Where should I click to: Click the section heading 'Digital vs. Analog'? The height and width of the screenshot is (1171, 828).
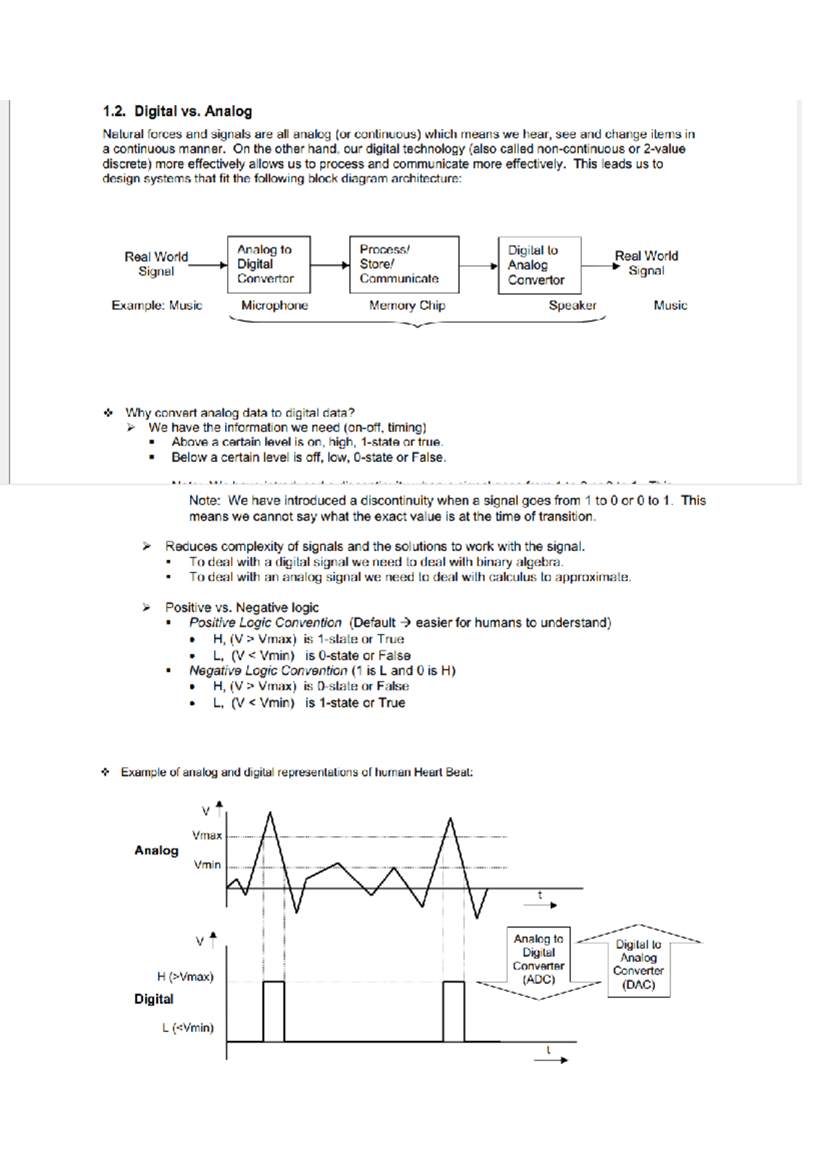click(193, 111)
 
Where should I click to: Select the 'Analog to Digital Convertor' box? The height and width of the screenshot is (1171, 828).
click(268, 264)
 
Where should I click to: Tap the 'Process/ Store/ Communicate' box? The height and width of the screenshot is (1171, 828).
click(403, 264)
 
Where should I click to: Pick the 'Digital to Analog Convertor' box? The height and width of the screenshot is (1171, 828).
click(539, 265)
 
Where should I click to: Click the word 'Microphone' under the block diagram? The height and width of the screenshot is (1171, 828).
click(275, 305)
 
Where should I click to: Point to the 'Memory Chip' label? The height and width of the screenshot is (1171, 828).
click(407, 305)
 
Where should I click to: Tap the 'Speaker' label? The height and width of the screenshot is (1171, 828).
click(572, 305)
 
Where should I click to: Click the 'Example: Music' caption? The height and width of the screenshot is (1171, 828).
click(157, 305)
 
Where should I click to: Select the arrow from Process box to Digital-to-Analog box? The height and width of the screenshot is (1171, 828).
click(478, 266)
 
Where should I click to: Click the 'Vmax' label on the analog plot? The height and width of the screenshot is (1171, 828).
click(207, 835)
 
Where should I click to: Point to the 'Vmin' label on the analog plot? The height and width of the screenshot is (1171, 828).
click(207, 864)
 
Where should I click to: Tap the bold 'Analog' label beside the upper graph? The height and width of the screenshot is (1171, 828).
click(157, 851)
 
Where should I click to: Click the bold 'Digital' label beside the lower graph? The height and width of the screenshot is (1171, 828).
click(154, 999)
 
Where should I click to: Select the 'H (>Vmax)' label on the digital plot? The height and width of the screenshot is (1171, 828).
click(185, 976)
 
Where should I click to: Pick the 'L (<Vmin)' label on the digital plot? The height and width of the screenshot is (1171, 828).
click(188, 1027)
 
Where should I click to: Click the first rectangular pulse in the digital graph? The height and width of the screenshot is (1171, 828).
click(274, 1012)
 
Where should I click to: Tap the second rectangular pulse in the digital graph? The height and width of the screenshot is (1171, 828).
click(453, 1012)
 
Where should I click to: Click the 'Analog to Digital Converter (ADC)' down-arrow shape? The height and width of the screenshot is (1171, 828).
click(539, 961)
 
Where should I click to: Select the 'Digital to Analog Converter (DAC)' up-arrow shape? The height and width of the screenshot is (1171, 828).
click(639, 963)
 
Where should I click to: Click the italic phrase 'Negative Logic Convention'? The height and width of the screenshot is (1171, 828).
click(268, 670)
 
